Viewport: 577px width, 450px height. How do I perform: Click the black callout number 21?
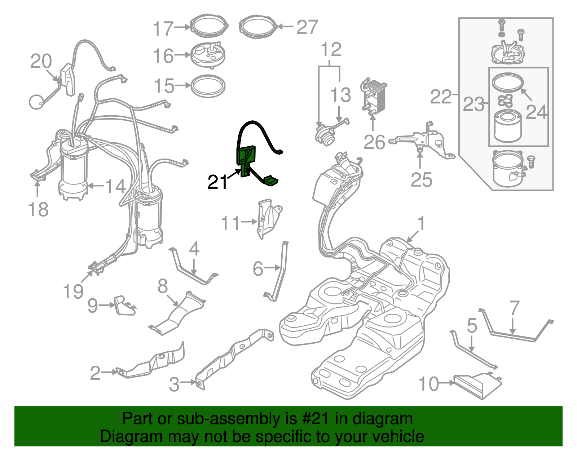pyautogui.click(x=217, y=182)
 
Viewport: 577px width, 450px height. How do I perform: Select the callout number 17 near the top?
pyautogui.click(x=163, y=29)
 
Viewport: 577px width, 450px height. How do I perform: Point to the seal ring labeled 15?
pyautogui.click(x=208, y=86)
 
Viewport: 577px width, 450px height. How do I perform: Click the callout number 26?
pyautogui.click(x=374, y=142)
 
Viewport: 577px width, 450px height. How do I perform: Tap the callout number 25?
pyautogui.click(x=421, y=179)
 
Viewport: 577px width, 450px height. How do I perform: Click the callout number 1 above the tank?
pyautogui.click(x=421, y=224)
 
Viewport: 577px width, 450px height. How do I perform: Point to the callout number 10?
pyautogui.click(x=429, y=384)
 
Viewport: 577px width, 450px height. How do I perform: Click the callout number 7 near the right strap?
pyautogui.click(x=514, y=308)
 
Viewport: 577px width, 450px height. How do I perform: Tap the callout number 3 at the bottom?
pyautogui.click(x=174, y=384)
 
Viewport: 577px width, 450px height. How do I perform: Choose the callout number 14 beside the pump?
pyautogui.click(x=115, y=186)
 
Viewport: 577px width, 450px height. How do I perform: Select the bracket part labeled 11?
pyautogui.click(x=269, y=218)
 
